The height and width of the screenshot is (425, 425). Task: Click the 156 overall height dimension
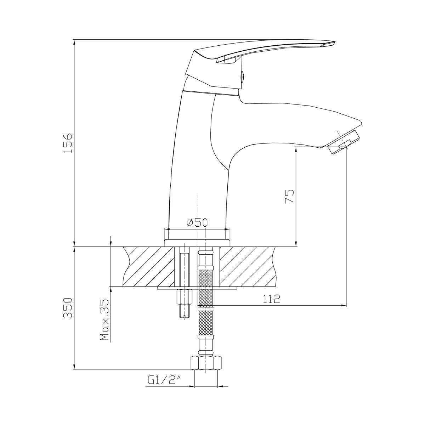click(68, 143)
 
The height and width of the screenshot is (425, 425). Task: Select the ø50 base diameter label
click(197, 223)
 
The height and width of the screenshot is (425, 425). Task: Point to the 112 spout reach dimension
click(271, 299)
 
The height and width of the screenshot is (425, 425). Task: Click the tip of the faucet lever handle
click(334, 41)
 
